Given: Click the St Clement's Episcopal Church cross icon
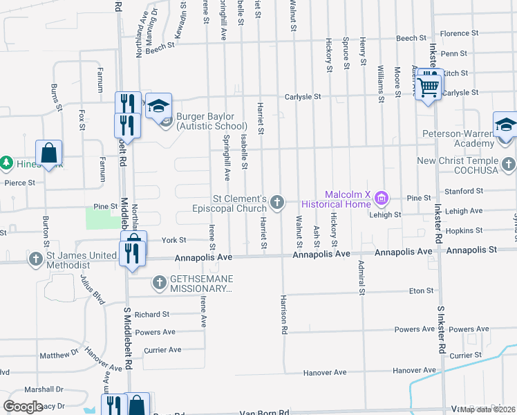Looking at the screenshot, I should [x=276, y=202].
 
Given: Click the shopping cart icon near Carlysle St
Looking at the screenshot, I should [x=429, y=87].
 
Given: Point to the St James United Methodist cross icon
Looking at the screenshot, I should [x=36, y=259].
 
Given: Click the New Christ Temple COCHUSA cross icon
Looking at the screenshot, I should [x=509, y=164].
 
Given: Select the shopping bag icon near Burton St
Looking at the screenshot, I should [x=49, y=154].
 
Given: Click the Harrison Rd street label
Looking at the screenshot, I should [x=284, y=315].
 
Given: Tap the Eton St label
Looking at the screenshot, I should [x=420, y=291].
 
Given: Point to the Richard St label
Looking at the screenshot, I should [x=152, y=314].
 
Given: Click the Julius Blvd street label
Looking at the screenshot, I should [x=91, y=289].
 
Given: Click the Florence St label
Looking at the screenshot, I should [x=460, y=33].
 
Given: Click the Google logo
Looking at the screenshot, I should [x=23, y=406].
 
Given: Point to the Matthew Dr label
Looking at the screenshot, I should [x=59, y=354].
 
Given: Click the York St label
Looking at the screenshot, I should [x=173, y=240].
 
